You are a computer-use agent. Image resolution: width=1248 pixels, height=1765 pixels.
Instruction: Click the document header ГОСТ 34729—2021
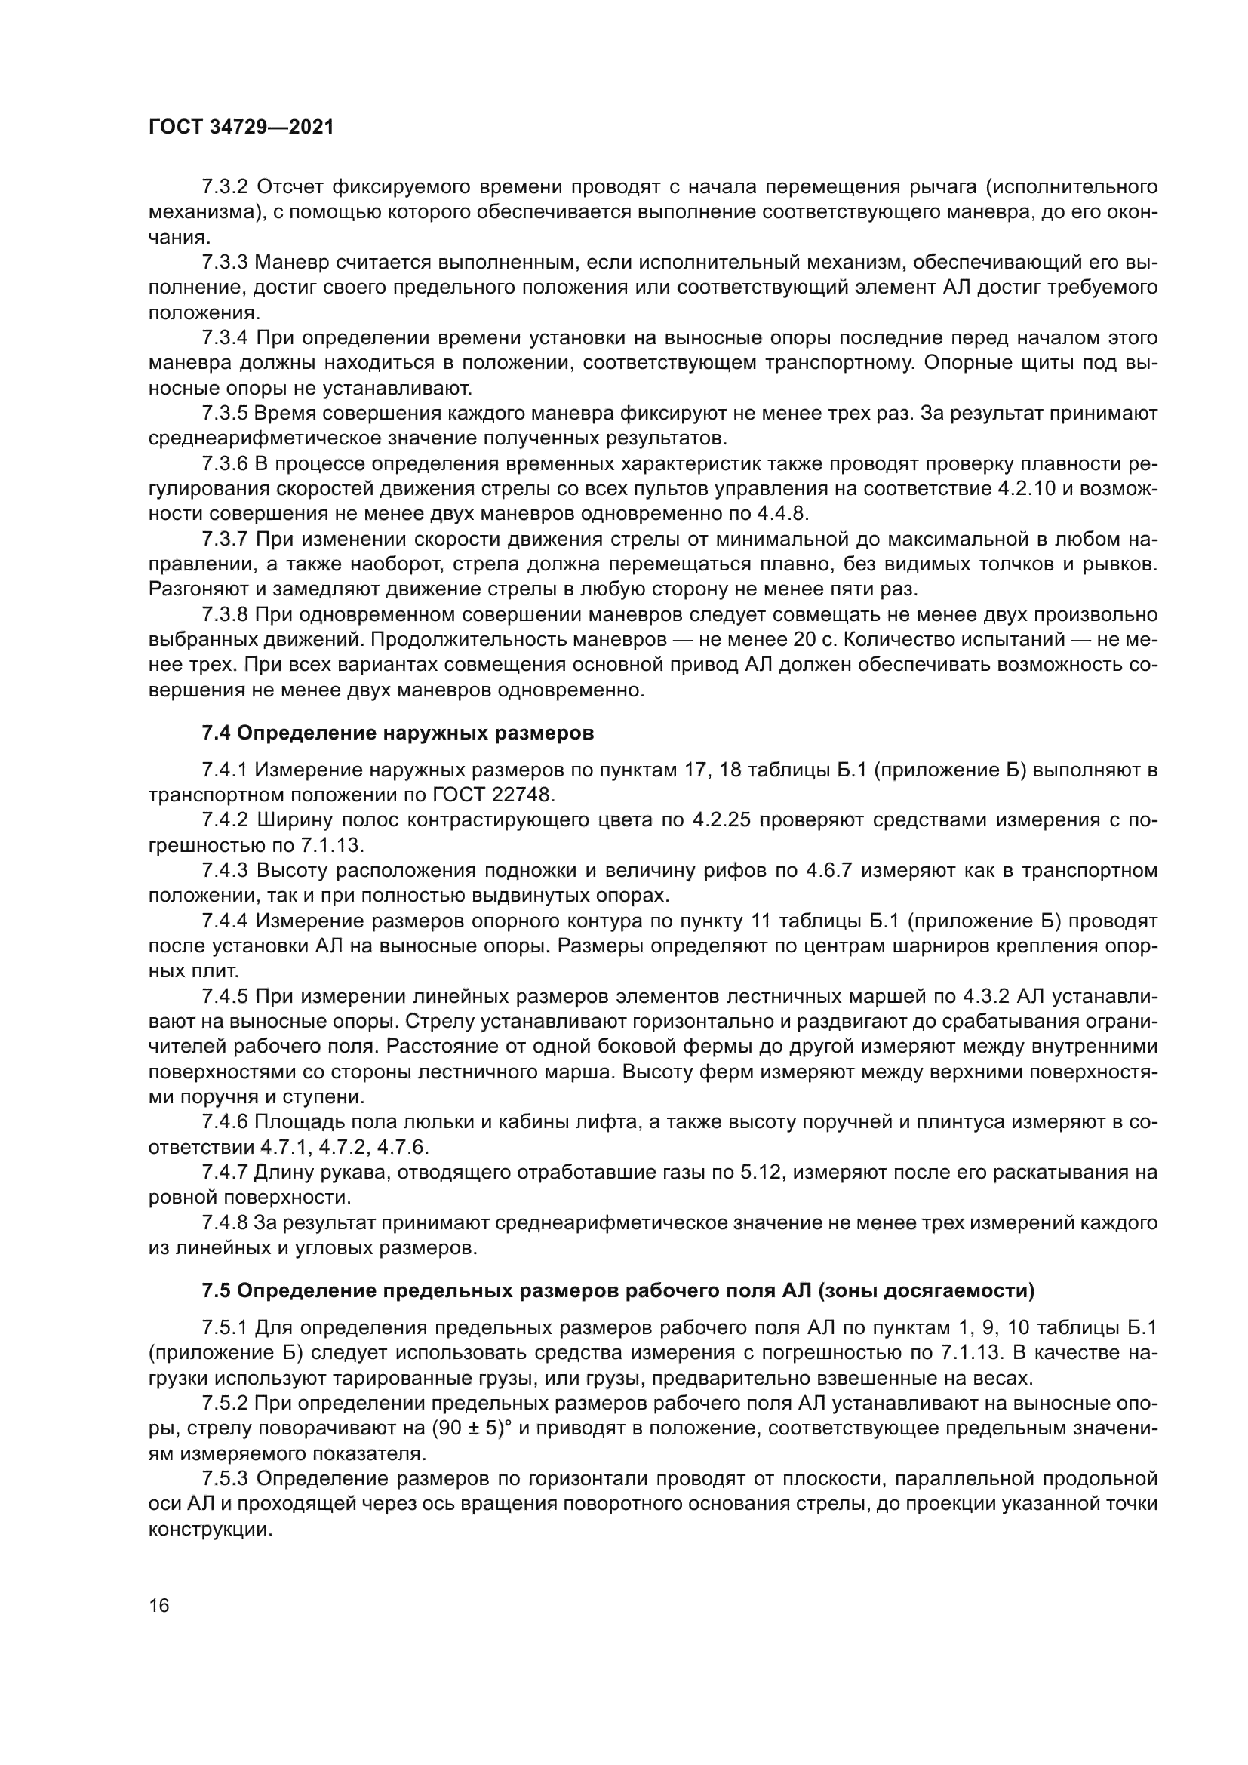(241, 128)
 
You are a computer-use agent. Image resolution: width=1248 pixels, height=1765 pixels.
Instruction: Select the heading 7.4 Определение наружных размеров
(398, 733)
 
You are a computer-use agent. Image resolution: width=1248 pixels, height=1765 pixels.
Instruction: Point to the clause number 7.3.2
(225, 187)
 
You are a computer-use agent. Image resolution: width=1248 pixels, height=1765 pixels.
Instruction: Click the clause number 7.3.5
(225, 414)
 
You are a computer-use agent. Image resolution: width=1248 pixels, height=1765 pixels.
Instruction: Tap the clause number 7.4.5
(225, 997)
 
